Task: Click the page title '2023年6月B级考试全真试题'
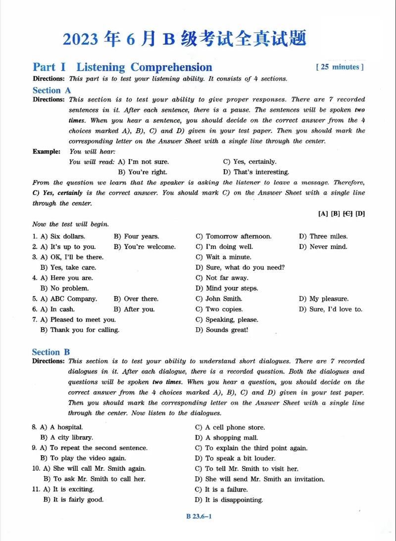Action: coord(184,39)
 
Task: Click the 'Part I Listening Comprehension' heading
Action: coord(122,67)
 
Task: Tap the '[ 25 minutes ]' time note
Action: coord(339,67)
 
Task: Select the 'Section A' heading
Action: coord(51,90)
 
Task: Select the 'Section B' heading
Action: coord(51,352)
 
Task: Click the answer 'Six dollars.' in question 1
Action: coord(68,236)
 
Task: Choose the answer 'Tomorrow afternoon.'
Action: coord(239,236)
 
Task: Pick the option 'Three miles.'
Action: coord(328,236)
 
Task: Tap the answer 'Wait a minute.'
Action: coord(228,257)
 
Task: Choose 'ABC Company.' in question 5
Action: coord(73,299)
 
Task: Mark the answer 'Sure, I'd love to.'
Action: coord(336,309)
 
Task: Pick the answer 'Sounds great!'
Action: coord(227,330)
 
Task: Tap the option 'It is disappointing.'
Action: coord(234,500)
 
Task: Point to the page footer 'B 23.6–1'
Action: coord(199,517)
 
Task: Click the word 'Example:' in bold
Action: coord(47,151)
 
